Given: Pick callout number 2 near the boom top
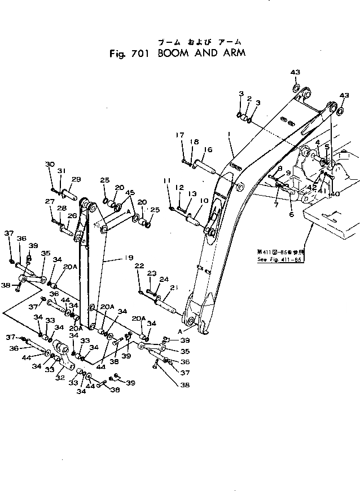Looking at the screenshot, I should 248,98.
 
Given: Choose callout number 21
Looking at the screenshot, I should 173,287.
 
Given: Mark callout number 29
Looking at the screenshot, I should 77,179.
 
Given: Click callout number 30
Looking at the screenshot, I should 50,164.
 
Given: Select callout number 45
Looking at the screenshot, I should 131,193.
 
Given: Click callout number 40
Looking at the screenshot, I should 335,194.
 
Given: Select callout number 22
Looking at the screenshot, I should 139,266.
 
